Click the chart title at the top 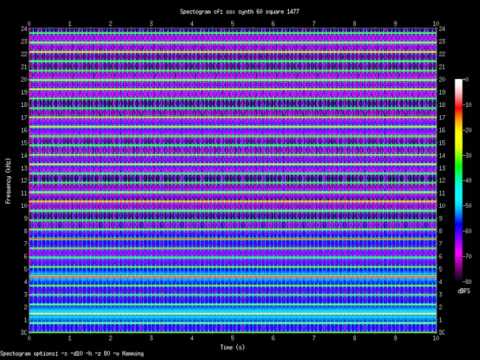click(239, 11)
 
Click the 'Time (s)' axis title click(233, 347)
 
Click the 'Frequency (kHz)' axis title click(8, 180)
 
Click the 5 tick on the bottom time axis click(233, 339)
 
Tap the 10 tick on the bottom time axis click(436, 339)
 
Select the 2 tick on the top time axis click(110, 21)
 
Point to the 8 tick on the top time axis click(354, 21)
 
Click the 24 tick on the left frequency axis click(21, 29)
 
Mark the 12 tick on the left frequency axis click(21, 180)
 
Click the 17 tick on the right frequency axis click(442, 117)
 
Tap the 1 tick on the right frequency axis click(440, 319)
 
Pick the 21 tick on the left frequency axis click(21, 67)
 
